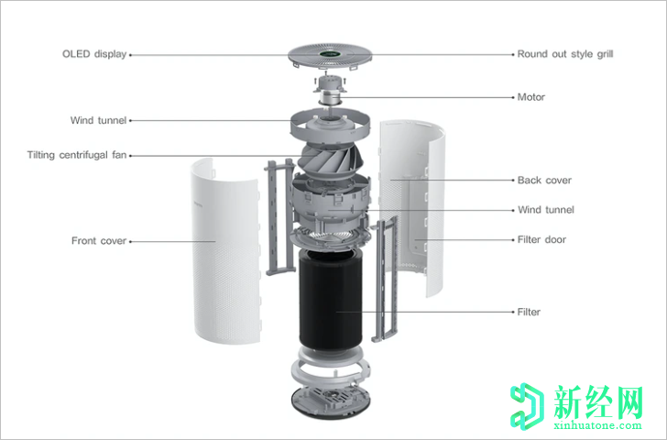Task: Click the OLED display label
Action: pos(93,54)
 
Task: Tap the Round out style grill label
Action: pos(564,54)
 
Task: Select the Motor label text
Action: pos(530,97)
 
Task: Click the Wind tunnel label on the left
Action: pos(98,120)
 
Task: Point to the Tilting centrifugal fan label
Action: pos(77,155)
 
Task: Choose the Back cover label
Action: pos(544,181)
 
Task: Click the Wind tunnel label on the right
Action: pos(545,210)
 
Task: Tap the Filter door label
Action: pos(541,240)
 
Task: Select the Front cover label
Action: pos(99,241)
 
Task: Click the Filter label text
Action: pos(529,312)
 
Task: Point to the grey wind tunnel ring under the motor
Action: pos(332,123)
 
